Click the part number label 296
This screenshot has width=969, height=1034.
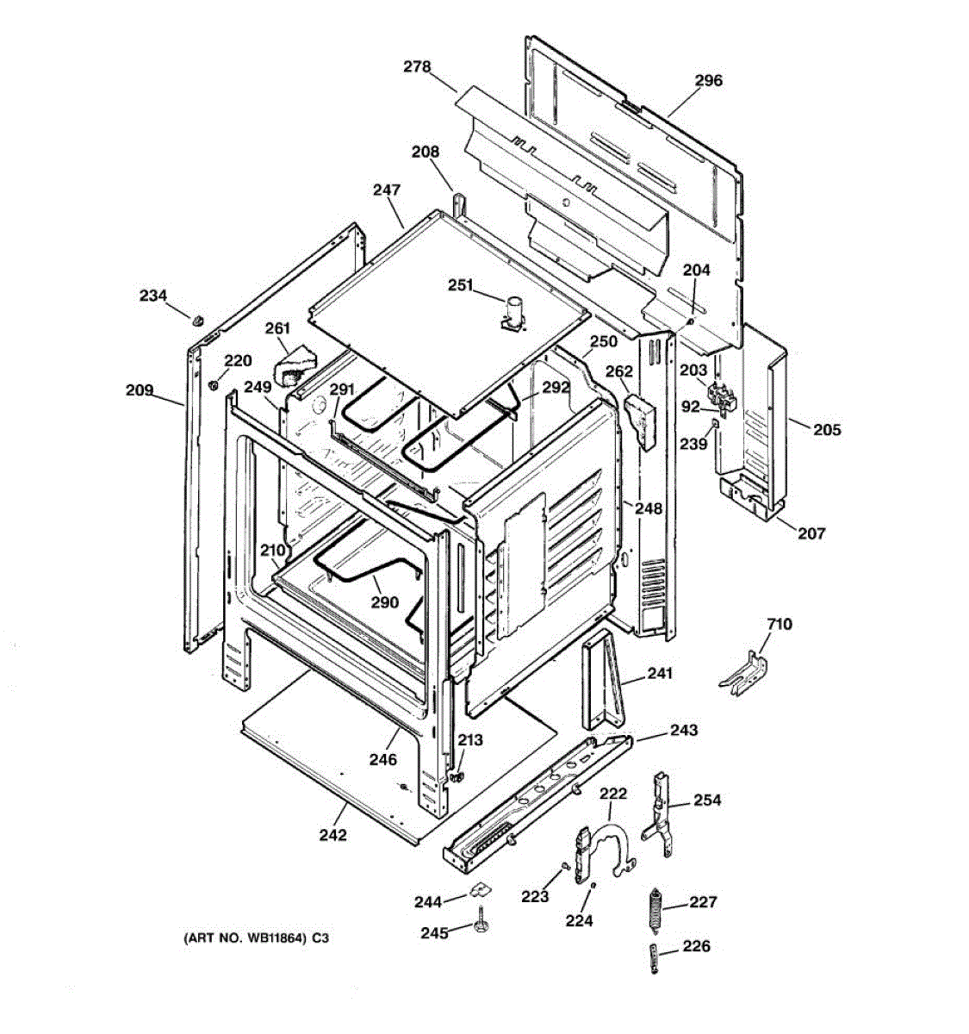(708, 81)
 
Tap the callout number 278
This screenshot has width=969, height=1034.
(417, 67)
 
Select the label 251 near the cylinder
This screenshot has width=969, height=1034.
(460, 285)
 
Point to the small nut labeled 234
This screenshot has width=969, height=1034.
(198, 321)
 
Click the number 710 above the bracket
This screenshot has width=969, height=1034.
(779, 624)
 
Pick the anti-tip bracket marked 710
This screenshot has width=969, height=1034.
(743, 674)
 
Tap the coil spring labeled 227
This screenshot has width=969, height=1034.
(655, 908)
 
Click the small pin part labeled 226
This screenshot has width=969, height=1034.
(655, 958)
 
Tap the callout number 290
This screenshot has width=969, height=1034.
(385, 601)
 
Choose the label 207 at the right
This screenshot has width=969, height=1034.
(811, 533)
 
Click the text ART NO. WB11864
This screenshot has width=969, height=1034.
(245, 938)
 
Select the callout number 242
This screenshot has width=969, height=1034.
(332, 835)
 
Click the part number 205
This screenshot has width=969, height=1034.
(826, 430)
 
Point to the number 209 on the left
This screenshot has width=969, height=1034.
(140, 390)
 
